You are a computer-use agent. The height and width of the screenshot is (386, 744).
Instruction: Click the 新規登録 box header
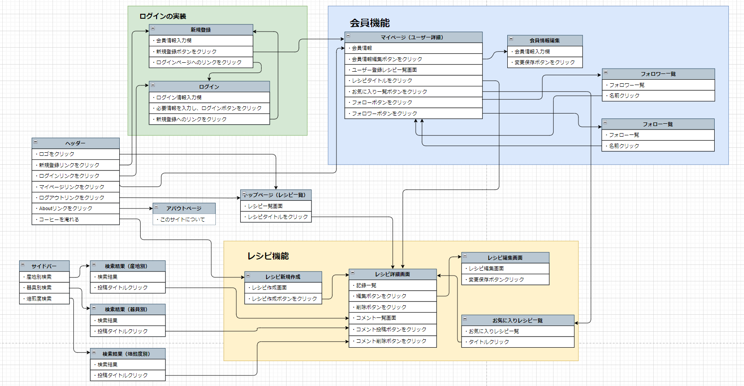(201, 30)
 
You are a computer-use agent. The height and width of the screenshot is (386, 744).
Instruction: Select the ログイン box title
(209, 87)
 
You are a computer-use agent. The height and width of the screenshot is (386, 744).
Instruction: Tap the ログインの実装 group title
(163, 16)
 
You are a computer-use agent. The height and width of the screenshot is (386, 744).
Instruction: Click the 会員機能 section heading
(369, 23)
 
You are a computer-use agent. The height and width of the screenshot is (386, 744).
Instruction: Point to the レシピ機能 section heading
(268, 256)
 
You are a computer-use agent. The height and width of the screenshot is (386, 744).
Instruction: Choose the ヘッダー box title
(75, 143)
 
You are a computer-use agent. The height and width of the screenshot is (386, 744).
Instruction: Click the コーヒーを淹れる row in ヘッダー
(75, 219)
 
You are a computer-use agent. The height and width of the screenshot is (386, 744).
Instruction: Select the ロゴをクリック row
(75, 154)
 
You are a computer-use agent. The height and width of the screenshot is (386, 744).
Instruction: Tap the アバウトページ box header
(184, 208)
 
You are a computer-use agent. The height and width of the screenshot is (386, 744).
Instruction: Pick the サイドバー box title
(44, 266)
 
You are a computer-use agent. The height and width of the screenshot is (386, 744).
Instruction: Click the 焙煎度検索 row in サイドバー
(44, 299)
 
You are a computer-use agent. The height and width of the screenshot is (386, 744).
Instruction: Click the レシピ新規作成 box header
(283, 277)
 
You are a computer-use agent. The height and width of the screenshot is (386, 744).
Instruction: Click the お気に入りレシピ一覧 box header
(518, 321)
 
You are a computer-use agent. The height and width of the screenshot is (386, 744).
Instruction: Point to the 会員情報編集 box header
(545, 41)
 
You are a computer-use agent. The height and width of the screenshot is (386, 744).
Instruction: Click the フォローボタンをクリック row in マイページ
(413, 102)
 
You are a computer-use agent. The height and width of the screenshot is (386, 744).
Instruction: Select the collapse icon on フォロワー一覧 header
(606, 73)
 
